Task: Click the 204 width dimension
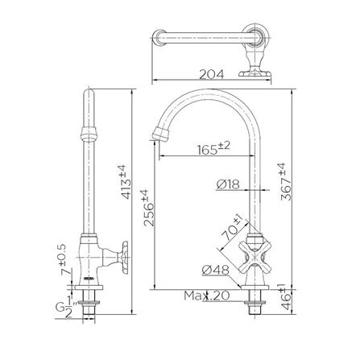click(211, 75)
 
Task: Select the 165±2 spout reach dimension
click(214, 148)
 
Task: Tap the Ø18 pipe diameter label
click(228, 184)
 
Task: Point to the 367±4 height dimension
click(286, 182)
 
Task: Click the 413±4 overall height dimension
click(126, 182)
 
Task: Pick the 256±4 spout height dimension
click(149, 208)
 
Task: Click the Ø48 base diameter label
click(215, 271)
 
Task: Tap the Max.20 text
click(207, 296)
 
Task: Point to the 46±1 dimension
click(286, 296)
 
